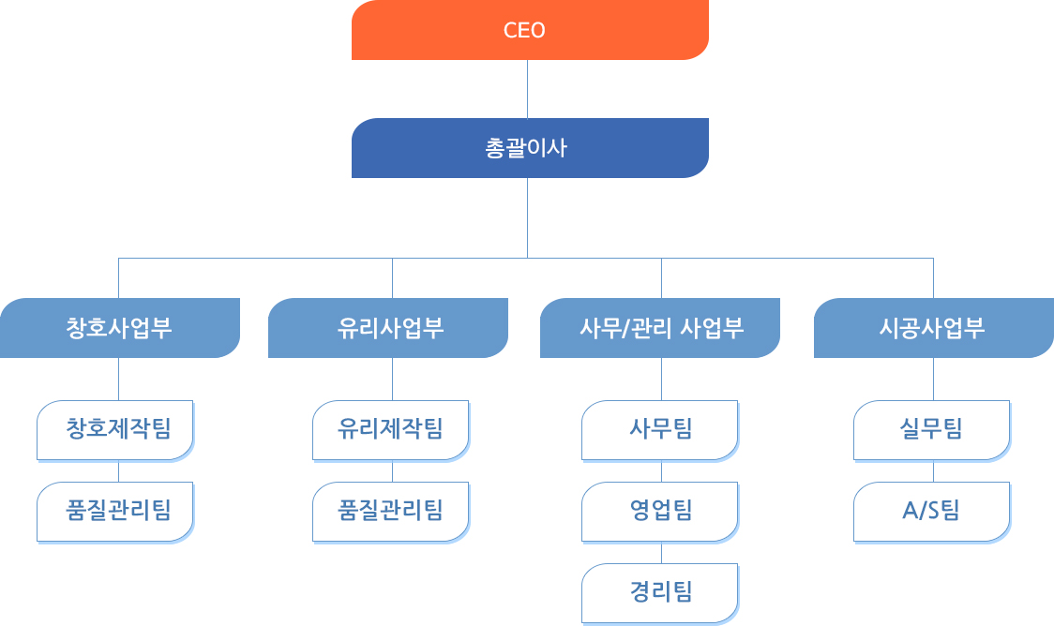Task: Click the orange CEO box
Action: pos(530,30)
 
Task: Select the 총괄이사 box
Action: pos(530,148)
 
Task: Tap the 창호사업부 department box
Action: pos(119,328)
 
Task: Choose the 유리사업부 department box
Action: pos(388,328)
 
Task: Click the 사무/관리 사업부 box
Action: pos(660,328)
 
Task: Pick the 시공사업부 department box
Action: pos(933,328)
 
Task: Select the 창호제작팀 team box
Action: pos(115,430)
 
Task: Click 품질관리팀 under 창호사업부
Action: pos(115,511)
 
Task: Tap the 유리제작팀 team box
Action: pos(390,430)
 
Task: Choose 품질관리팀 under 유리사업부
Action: pos(390,511)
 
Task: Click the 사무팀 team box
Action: pos(660,430)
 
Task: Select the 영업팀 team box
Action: pos(660,511)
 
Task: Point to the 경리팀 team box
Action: pos(660,592)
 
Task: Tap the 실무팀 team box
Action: pos(932,430)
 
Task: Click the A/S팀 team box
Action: pos(932,511)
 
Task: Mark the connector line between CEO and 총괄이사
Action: pos(527,89)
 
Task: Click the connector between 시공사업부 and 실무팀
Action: pos(933,380)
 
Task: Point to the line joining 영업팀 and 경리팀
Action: pos(662,553)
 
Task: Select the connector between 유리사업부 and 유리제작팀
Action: pos(392,380)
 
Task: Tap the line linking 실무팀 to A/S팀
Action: pos(933,471)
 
